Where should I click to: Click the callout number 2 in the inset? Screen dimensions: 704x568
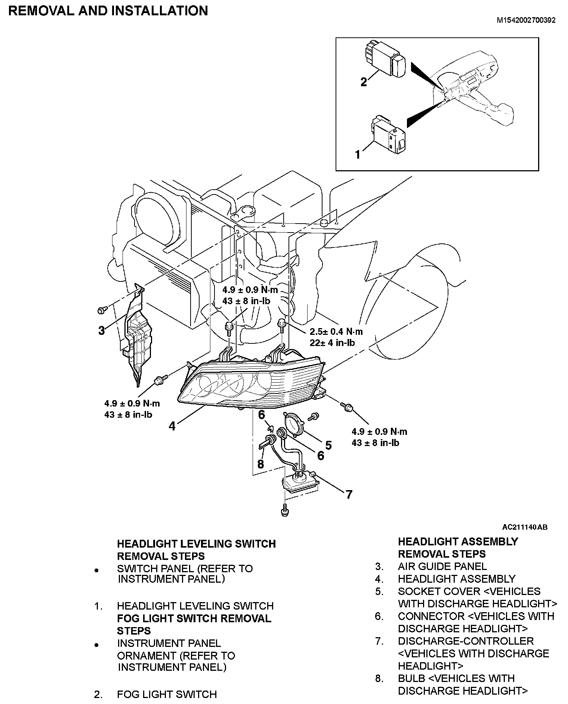(363, 82)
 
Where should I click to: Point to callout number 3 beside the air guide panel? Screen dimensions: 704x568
(101, 330)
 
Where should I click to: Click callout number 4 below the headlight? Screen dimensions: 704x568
(172, 426)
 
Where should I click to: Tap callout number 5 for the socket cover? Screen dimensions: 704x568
(328, 445)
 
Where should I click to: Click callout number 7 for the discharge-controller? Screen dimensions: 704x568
(349, 495)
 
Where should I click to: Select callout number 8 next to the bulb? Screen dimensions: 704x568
(260, 464)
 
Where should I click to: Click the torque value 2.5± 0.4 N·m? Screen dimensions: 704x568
(336, 331)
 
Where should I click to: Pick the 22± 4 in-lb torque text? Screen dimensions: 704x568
(332, 342)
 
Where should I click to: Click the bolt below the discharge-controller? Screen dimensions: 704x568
(285, 510)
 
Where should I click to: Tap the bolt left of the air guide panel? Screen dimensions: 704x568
(101, 309)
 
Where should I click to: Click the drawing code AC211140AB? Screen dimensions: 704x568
(525, 527)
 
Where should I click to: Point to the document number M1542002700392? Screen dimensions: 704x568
(526, 20)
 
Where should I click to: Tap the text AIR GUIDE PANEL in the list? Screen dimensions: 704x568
(442, 566)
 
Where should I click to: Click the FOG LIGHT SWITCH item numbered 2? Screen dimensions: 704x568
(167, 694)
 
